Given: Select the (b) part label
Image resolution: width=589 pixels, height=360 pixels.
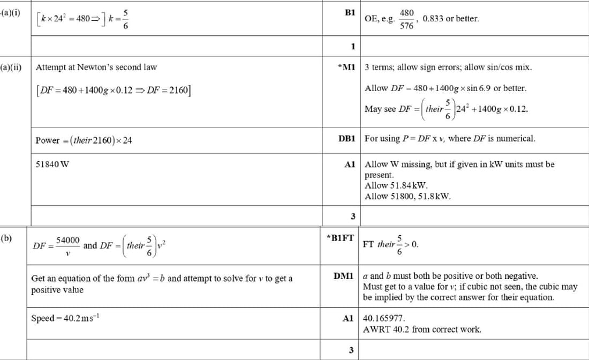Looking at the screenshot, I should click(6, 237).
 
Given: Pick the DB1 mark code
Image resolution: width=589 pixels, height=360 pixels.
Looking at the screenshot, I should click(347, 138).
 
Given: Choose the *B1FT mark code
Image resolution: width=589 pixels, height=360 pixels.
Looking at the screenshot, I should click(340, 237).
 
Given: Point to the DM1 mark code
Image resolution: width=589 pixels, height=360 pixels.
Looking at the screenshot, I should click(344, 276).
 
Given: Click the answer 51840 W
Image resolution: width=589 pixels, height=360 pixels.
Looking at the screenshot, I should click(52, 164).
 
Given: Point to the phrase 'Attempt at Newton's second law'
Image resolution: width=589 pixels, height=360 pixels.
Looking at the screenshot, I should click(96, 67).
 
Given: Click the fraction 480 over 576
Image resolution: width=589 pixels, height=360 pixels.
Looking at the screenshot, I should click(407, 18).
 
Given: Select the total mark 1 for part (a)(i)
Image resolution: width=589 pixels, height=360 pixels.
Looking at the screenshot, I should click(353, 46).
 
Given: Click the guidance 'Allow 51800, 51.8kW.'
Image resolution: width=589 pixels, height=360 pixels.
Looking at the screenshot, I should click(407, 196).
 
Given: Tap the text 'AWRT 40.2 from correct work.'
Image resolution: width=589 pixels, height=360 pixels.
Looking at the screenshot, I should click(422, 329).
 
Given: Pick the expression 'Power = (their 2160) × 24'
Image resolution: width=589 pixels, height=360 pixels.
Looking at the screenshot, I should click(84, 140).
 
